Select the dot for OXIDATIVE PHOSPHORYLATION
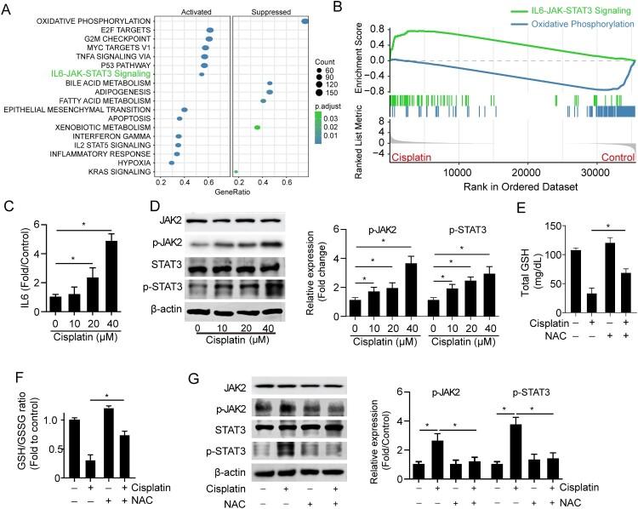tap(305, 20)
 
